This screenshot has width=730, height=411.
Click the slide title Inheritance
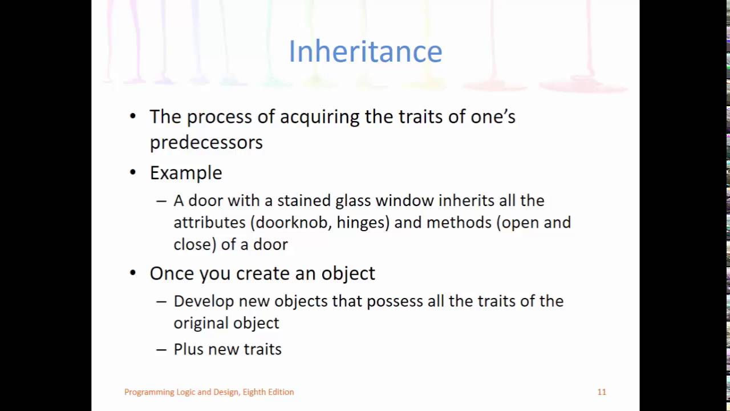[x=365, y=51]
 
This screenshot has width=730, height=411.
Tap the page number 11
[x=602, y=392]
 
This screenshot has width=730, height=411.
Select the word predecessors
[x=206, y=142]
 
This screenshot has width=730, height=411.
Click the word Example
[x=185, y=173]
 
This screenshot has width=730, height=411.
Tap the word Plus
[x=188, y=349]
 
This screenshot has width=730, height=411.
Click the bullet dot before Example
[x=133, y=172]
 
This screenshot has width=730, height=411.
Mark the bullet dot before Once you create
[x=133, y=273]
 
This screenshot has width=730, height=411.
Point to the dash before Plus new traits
[x=161, y=349]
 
